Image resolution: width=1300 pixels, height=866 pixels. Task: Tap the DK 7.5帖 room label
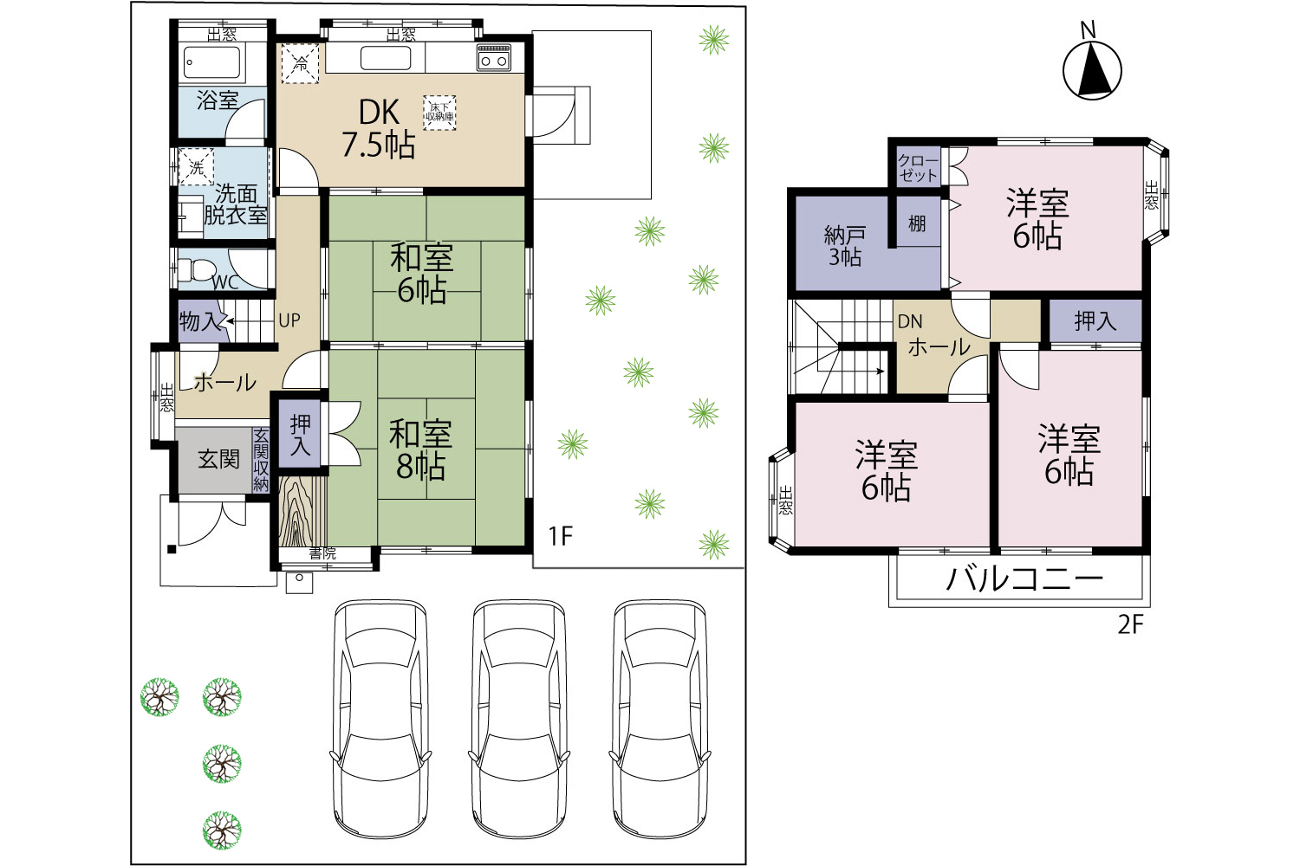point(379,129)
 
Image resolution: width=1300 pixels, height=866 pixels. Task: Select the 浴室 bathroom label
point(218,100)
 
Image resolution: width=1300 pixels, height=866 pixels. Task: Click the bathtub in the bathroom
point(211,62)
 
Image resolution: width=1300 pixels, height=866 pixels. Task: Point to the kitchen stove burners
point(494,57)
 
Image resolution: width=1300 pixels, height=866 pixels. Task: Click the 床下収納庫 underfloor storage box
point(440,113)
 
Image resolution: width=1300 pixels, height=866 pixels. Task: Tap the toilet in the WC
point(196,269)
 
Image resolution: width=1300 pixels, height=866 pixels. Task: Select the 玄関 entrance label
point(218,459)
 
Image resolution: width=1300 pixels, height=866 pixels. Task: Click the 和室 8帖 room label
point(420,450)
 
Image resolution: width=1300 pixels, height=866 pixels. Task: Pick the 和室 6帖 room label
point(422,274)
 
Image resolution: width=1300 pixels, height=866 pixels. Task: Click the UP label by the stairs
point(289,320)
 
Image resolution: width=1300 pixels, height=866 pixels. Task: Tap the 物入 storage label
point(200,320)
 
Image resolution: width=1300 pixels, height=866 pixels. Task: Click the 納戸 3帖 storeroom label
point(845,246)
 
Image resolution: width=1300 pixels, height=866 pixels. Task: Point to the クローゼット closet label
point(918,167)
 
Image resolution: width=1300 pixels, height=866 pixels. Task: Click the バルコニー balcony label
point(1024,578)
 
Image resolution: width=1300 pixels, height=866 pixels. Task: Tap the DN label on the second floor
point(910,321)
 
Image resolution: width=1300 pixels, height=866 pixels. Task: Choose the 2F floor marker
point(1130,624)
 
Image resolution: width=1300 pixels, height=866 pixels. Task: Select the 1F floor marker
point(561,537)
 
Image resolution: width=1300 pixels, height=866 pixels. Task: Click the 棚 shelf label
point(917,223)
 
